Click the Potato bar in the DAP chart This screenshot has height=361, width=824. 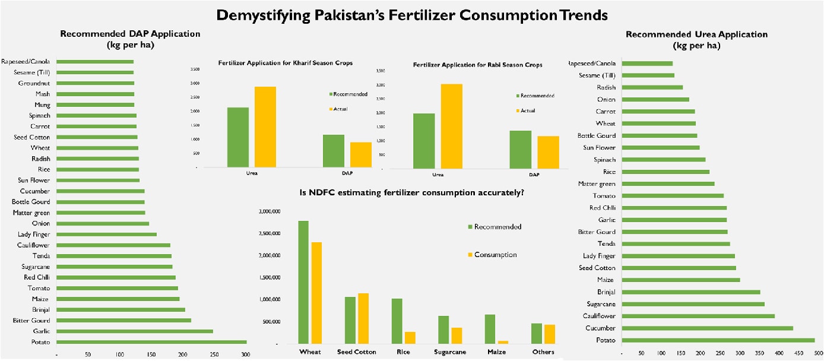[151, 342]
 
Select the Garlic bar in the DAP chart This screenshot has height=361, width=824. [135, 331]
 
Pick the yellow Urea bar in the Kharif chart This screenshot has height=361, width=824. [265, 127]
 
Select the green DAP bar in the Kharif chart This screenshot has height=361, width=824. [334, 151]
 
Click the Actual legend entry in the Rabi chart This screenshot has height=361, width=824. [528, 110]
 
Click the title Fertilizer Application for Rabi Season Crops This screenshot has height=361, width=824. [477, 65]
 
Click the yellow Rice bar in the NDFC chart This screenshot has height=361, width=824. [410, 337]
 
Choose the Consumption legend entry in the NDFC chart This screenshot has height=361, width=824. [495, 255]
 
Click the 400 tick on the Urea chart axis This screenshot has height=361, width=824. [778, 353]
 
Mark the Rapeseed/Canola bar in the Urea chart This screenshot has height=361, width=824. [647, 63]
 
